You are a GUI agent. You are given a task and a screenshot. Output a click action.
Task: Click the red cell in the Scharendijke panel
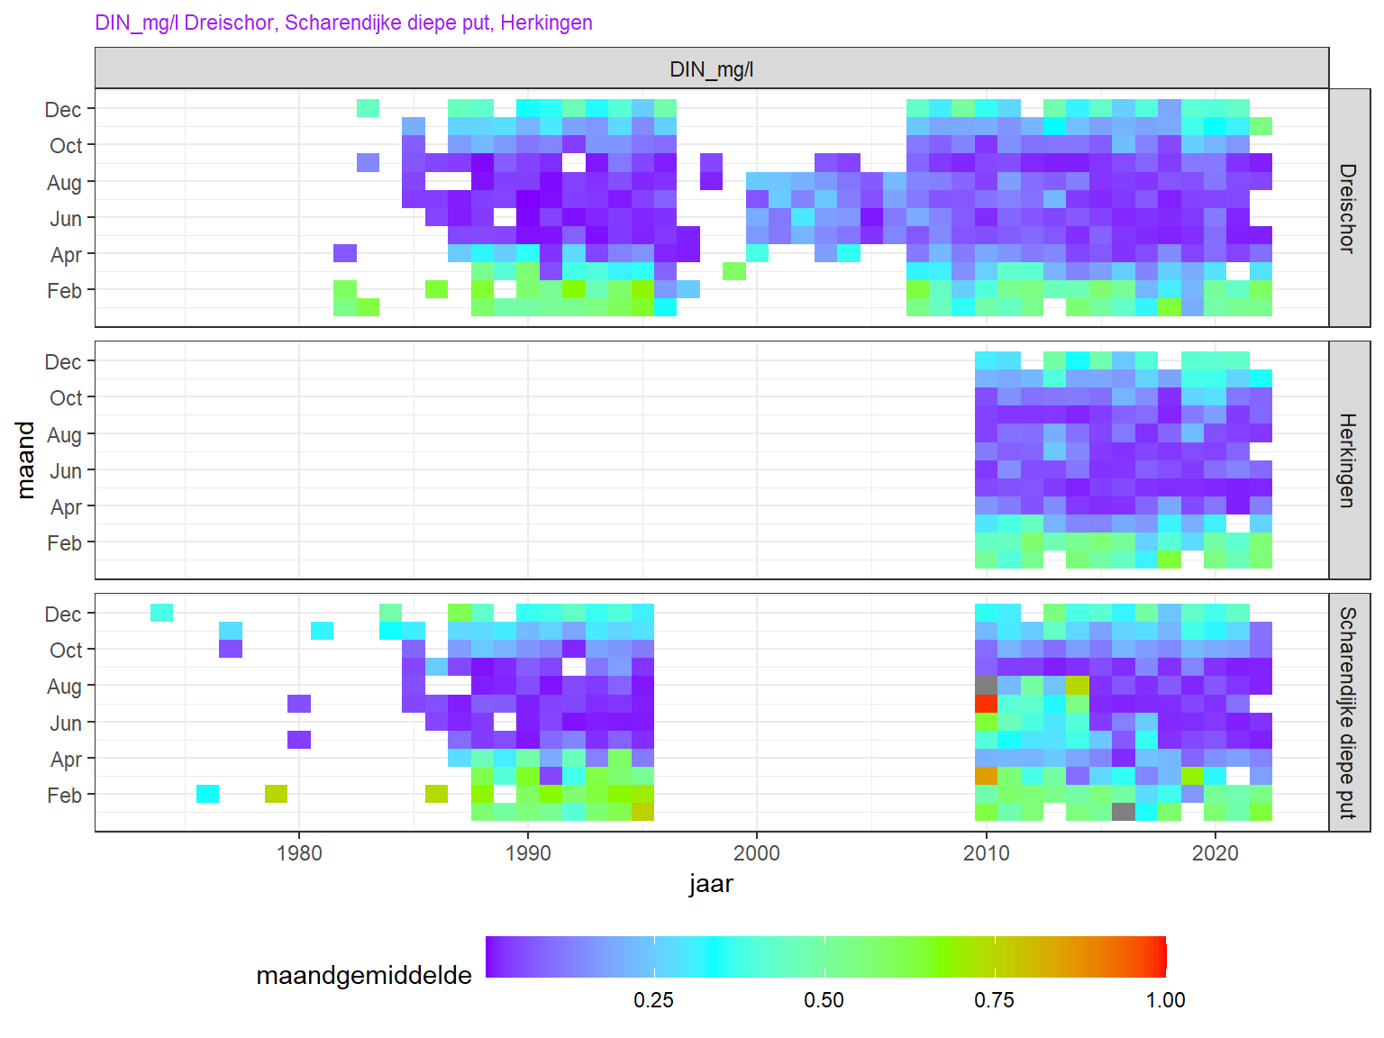click(987, 704)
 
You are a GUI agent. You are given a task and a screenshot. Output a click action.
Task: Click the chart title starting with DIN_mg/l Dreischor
click(343, 23)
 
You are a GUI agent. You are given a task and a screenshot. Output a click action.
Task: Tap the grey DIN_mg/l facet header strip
click(711, 69)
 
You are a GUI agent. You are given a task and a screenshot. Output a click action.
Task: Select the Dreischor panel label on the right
click(1348, 208)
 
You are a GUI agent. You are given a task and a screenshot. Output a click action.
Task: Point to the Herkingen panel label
click(1348, 460)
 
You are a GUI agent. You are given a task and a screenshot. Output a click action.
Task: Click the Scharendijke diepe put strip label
click(1348, 713)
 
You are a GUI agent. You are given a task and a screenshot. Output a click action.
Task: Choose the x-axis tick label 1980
click(299, 853)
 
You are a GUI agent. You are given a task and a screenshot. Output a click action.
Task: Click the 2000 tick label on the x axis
click(757, 853)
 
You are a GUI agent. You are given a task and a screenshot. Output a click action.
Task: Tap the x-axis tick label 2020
click(1216, 853)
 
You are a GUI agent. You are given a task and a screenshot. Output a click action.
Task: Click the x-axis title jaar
click(711, 884)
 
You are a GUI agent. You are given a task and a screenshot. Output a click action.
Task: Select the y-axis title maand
click(26, 460)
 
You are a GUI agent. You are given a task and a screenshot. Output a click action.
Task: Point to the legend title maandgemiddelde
click(364, 976)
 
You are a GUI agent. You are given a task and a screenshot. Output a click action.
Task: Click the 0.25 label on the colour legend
click(653, 1000)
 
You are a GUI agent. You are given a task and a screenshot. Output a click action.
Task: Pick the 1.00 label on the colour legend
click(1165, 1000)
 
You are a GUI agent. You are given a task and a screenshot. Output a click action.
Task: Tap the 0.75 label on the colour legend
click(994, 1000)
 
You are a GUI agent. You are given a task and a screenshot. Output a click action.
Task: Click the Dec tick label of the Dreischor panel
click(63, 110)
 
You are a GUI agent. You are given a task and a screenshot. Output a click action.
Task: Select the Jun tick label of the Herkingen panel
click(66, 471)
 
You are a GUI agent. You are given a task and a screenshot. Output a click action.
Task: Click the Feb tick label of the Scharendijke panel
click(64, 796)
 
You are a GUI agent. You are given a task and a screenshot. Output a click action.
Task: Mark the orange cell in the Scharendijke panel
click(987, 776)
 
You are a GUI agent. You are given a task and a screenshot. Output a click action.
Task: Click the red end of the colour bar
click(1161, 957)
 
